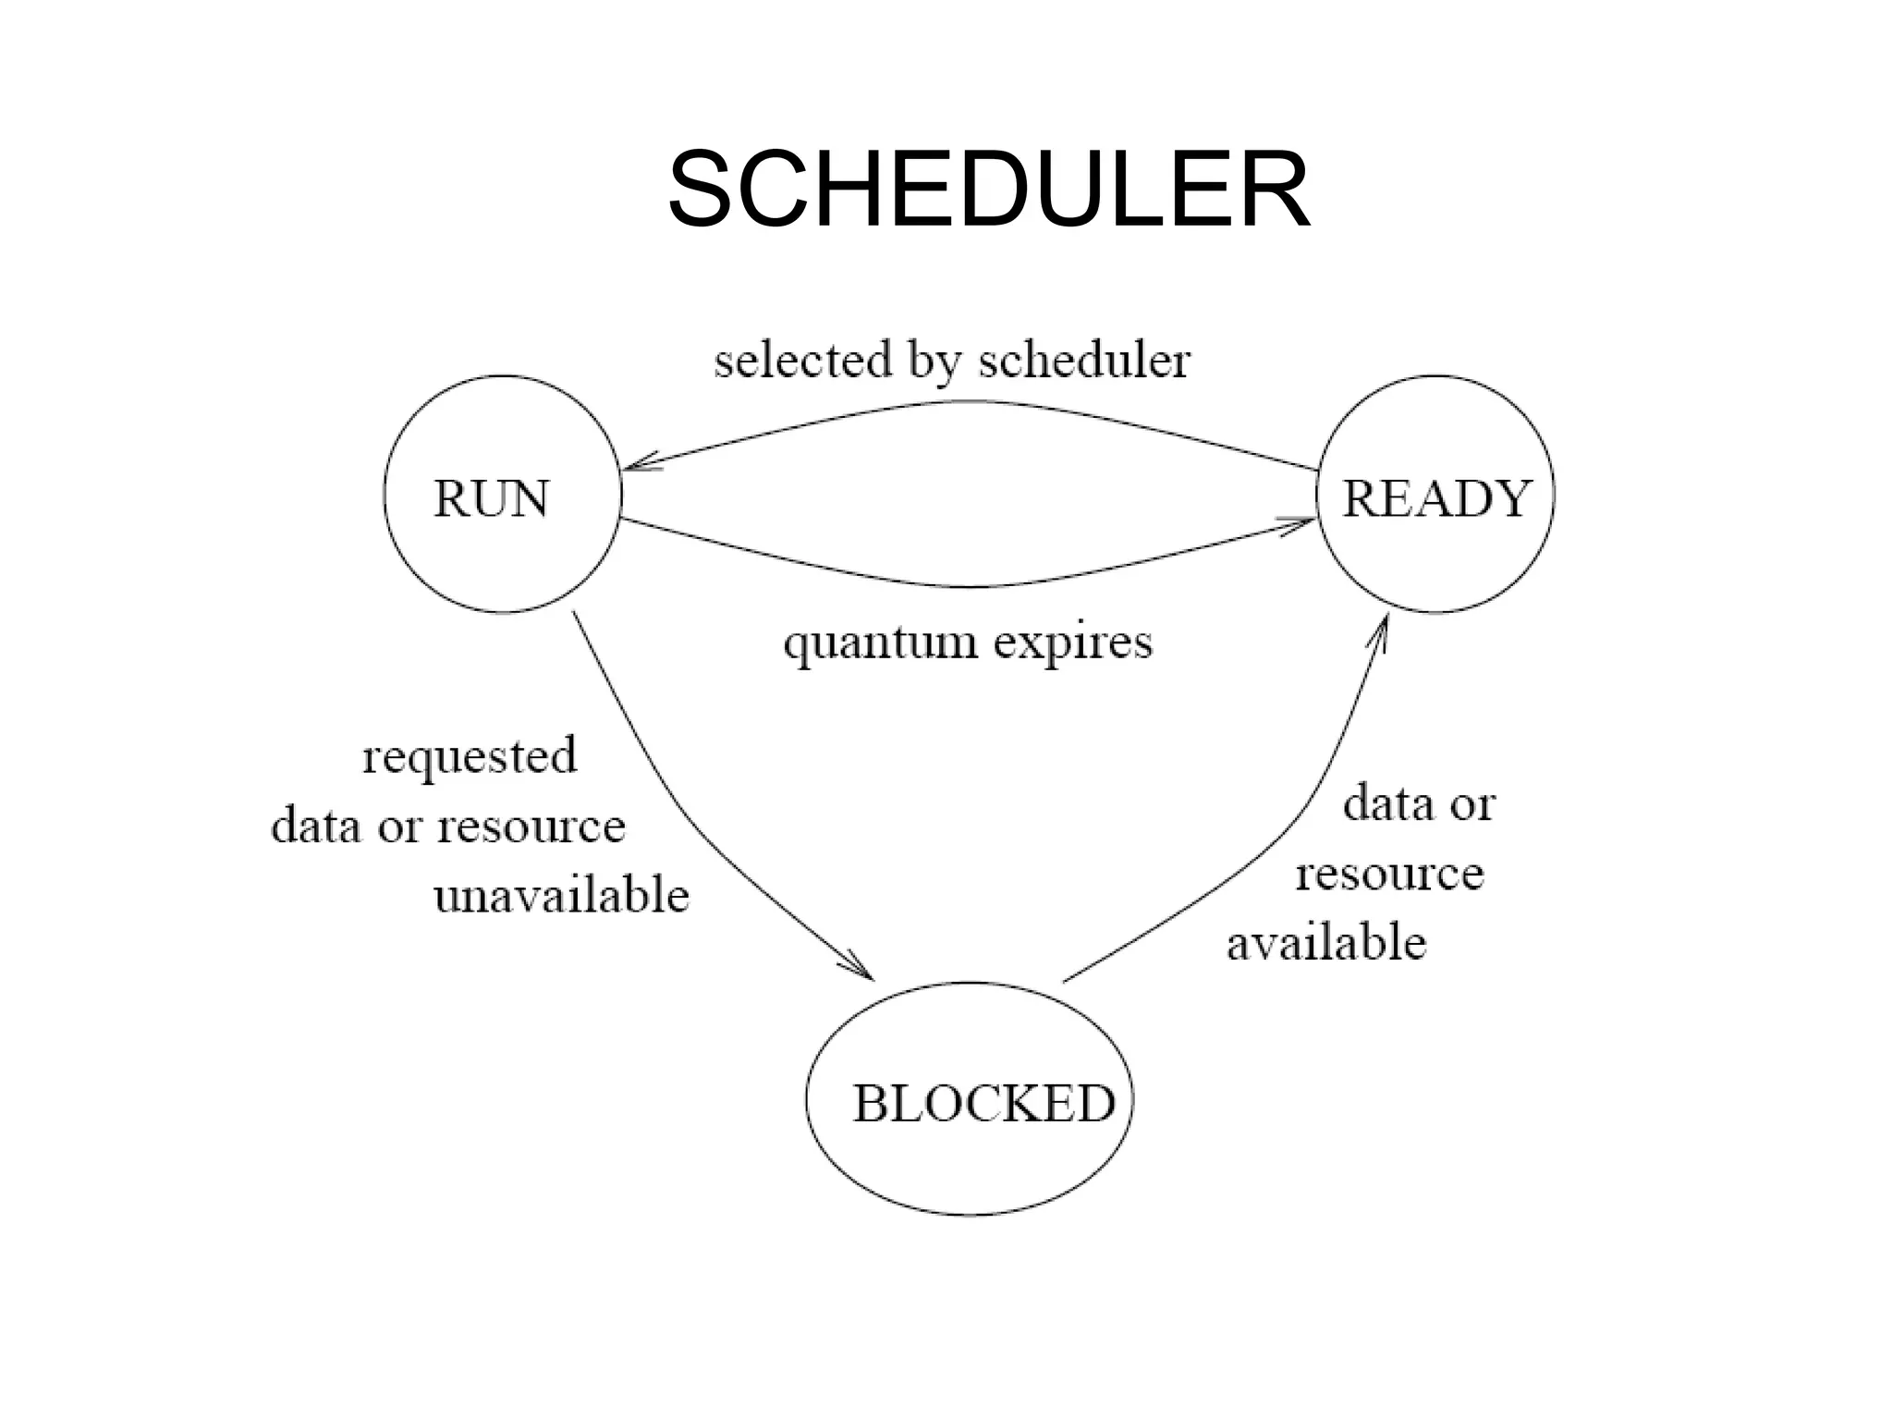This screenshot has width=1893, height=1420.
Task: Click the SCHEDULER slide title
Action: (x=988, y=190)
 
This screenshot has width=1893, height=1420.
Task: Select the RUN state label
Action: (x=492, y=499)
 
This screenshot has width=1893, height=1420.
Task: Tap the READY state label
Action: (x=1436, y=499)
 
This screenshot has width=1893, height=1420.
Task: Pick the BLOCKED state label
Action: (x=983, y=1103)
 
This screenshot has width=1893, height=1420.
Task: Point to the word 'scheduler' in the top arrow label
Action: (x=1084, y=361)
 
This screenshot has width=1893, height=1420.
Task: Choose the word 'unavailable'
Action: (x=562, y=896)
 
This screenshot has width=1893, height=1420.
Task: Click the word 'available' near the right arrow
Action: (x=1326, y=943)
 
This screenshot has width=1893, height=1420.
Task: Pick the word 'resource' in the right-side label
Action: (x=1389, y=874)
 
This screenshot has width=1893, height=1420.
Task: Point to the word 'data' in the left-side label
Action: (x=316, y=825)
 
